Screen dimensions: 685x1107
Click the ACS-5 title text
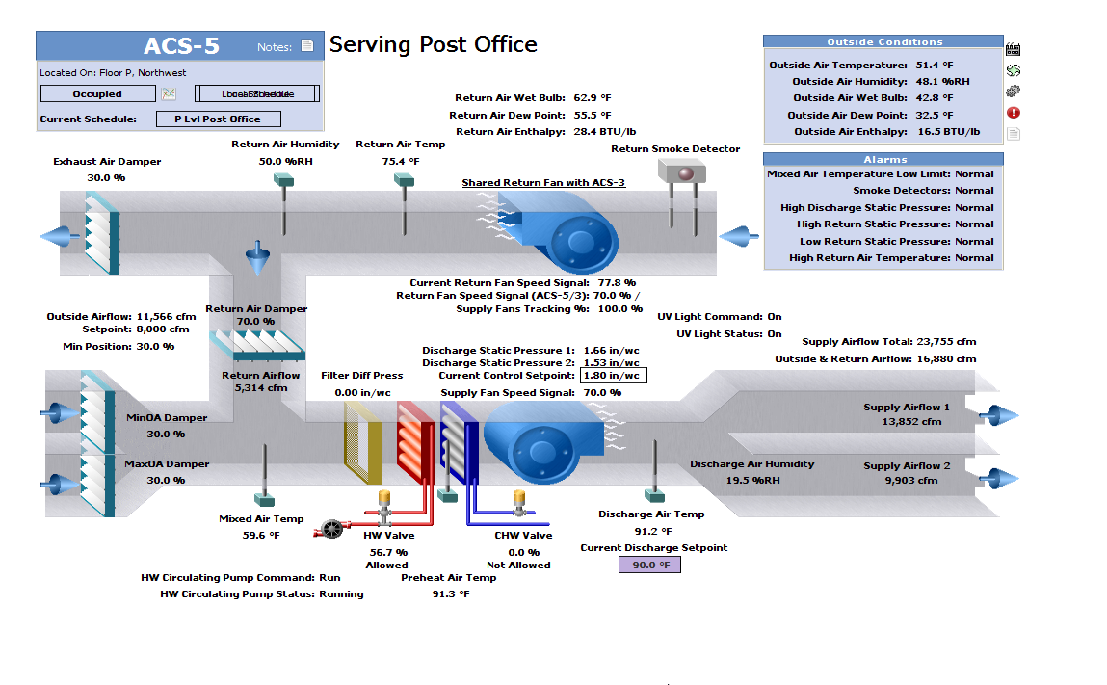pyautogui.click(x=181, y=46)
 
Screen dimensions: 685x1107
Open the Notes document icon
pyautogui.click(x=307, y=45)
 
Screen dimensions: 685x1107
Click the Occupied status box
pyautogui.click(x=97, y=93)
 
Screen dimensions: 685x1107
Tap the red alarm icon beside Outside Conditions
pyautogui.click(x=1013, y=113)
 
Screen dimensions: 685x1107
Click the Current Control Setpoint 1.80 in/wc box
pyautogui.click(x=614, y=375)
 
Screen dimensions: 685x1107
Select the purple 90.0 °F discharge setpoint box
pyautogui.click(x=649, y=565)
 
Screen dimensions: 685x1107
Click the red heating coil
pyautogui.click(x=417, y=443)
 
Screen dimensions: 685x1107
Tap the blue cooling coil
pyautogui.click(x=459, y=443)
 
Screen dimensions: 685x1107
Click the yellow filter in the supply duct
pyautogui.click(x=363, y=443)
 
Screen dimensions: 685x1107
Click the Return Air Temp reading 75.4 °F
pyautogui.click(x=401, y=161)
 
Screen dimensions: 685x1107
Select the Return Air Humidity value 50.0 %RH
pyautogui.click(x=285, y=161)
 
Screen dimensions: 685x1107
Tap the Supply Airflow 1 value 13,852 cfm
pyautogui.click(x=910, y=422)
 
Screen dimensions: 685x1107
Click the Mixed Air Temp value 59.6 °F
pyautogui.click(x=261, y=535)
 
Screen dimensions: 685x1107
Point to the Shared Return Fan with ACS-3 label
pyautogui.click(x=543, y=182)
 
